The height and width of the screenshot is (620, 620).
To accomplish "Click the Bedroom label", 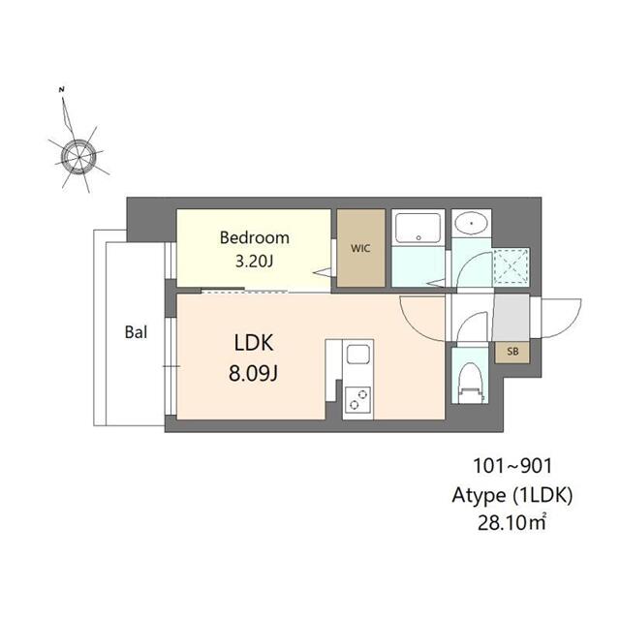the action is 254,237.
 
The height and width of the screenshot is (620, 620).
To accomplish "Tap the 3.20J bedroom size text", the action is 254,262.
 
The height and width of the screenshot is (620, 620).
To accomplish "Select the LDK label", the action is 254,343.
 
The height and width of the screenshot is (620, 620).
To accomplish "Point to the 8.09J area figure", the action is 253,372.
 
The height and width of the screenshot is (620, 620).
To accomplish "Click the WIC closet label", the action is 360,248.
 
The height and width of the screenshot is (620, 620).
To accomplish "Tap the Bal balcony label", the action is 136,332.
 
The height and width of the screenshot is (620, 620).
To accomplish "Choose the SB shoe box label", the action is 512,351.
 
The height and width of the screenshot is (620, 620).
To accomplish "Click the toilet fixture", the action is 471,384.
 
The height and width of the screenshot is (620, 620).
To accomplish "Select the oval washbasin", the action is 472,224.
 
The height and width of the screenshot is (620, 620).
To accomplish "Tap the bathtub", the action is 418,229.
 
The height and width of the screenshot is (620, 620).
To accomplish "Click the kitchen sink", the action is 358,354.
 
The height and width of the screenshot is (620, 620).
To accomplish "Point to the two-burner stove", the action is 357,400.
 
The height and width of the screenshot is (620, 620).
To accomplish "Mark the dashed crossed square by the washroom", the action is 511,266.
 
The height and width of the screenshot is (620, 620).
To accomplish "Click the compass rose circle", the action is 79,157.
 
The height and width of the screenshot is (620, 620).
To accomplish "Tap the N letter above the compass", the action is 61,89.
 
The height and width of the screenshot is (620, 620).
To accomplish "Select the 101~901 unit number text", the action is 512,466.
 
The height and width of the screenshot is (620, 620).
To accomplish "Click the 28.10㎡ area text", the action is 512,523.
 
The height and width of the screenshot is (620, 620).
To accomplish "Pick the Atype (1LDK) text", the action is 512,495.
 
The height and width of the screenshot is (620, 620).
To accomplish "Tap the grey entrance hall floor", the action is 511,317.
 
